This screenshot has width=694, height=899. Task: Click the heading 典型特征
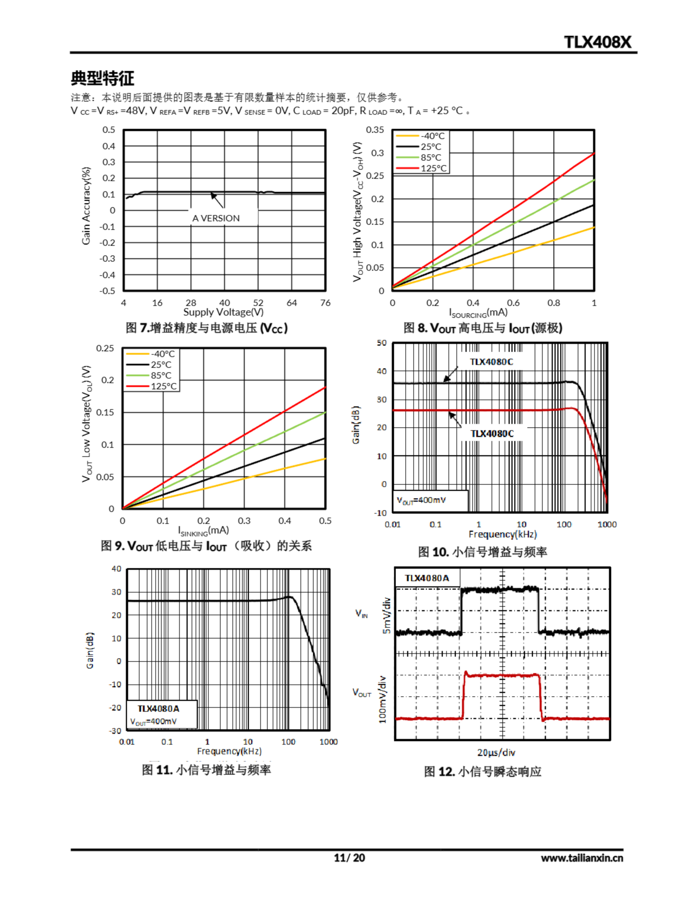[x=102, y=78]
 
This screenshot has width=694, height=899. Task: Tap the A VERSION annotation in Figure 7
[x=216, y=218]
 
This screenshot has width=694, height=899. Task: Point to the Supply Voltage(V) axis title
[x=223, y=313]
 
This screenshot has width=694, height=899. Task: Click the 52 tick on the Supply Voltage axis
[x=258, y=303]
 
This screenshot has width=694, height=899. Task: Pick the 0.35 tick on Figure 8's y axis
[x=374, y=130]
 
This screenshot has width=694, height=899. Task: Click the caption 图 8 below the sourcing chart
[x=482, y=328]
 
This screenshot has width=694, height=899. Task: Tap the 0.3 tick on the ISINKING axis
[x=244, y=521]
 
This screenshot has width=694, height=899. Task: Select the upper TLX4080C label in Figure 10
[x=492, y=362]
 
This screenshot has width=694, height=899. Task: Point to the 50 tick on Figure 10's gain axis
[x=382, y=343]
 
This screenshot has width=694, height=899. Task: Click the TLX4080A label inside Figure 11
[x=158, y=708]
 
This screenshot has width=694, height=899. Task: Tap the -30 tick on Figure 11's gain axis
[x=115, y=731]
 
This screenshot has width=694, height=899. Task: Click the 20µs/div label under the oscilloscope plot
[x=496, y=753]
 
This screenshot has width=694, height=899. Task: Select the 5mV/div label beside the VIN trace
[x=387, y=616]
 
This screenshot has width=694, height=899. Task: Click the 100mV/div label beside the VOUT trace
[x=382, y=700]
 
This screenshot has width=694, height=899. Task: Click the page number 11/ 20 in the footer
[x=349, y=858]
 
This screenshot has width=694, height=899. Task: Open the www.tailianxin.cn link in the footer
[x=582, y=858]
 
